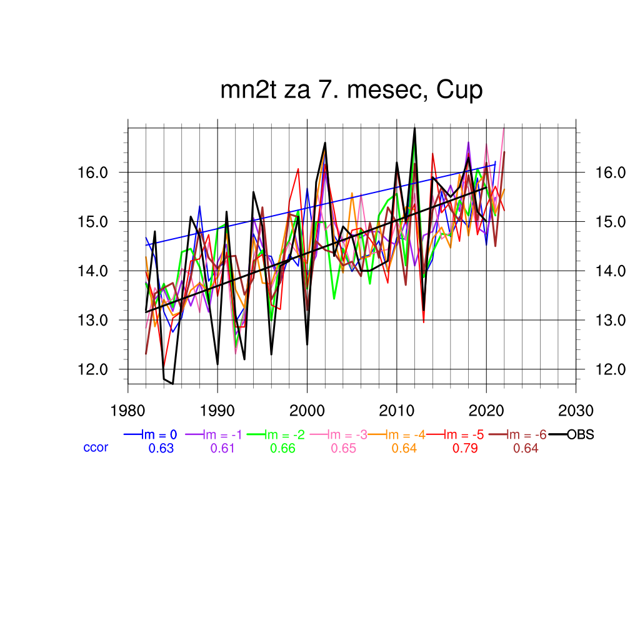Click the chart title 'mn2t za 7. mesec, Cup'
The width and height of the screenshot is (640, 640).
coord(351,91)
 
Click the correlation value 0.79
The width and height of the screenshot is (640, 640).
coord(465,448)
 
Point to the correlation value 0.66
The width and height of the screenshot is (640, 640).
coord(282,448)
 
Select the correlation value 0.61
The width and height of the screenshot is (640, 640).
coord(223,448)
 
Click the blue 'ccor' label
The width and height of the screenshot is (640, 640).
coord(96,447)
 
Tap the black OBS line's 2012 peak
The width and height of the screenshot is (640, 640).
coord(414,128)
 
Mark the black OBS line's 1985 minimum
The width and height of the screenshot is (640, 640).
coord(172,383)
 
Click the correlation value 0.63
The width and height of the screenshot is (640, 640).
coord(161,448)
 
